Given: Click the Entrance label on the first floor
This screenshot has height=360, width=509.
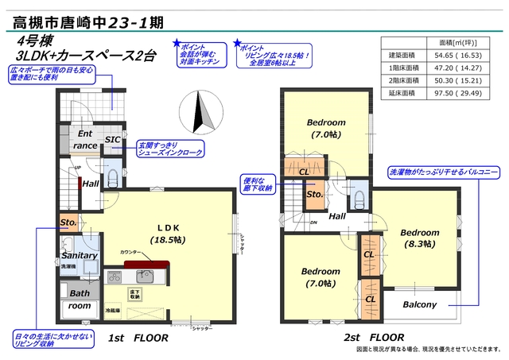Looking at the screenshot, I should [x=86, y=140].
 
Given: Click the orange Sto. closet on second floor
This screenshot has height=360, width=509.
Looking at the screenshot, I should [x=313, y=194].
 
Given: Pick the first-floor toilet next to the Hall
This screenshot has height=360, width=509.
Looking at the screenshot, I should [x=112, y=175].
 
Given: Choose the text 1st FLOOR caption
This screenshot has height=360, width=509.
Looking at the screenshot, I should [x=138, y=338].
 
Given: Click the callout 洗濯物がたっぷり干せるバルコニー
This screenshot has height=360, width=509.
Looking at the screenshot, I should [x=442, y=171].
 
